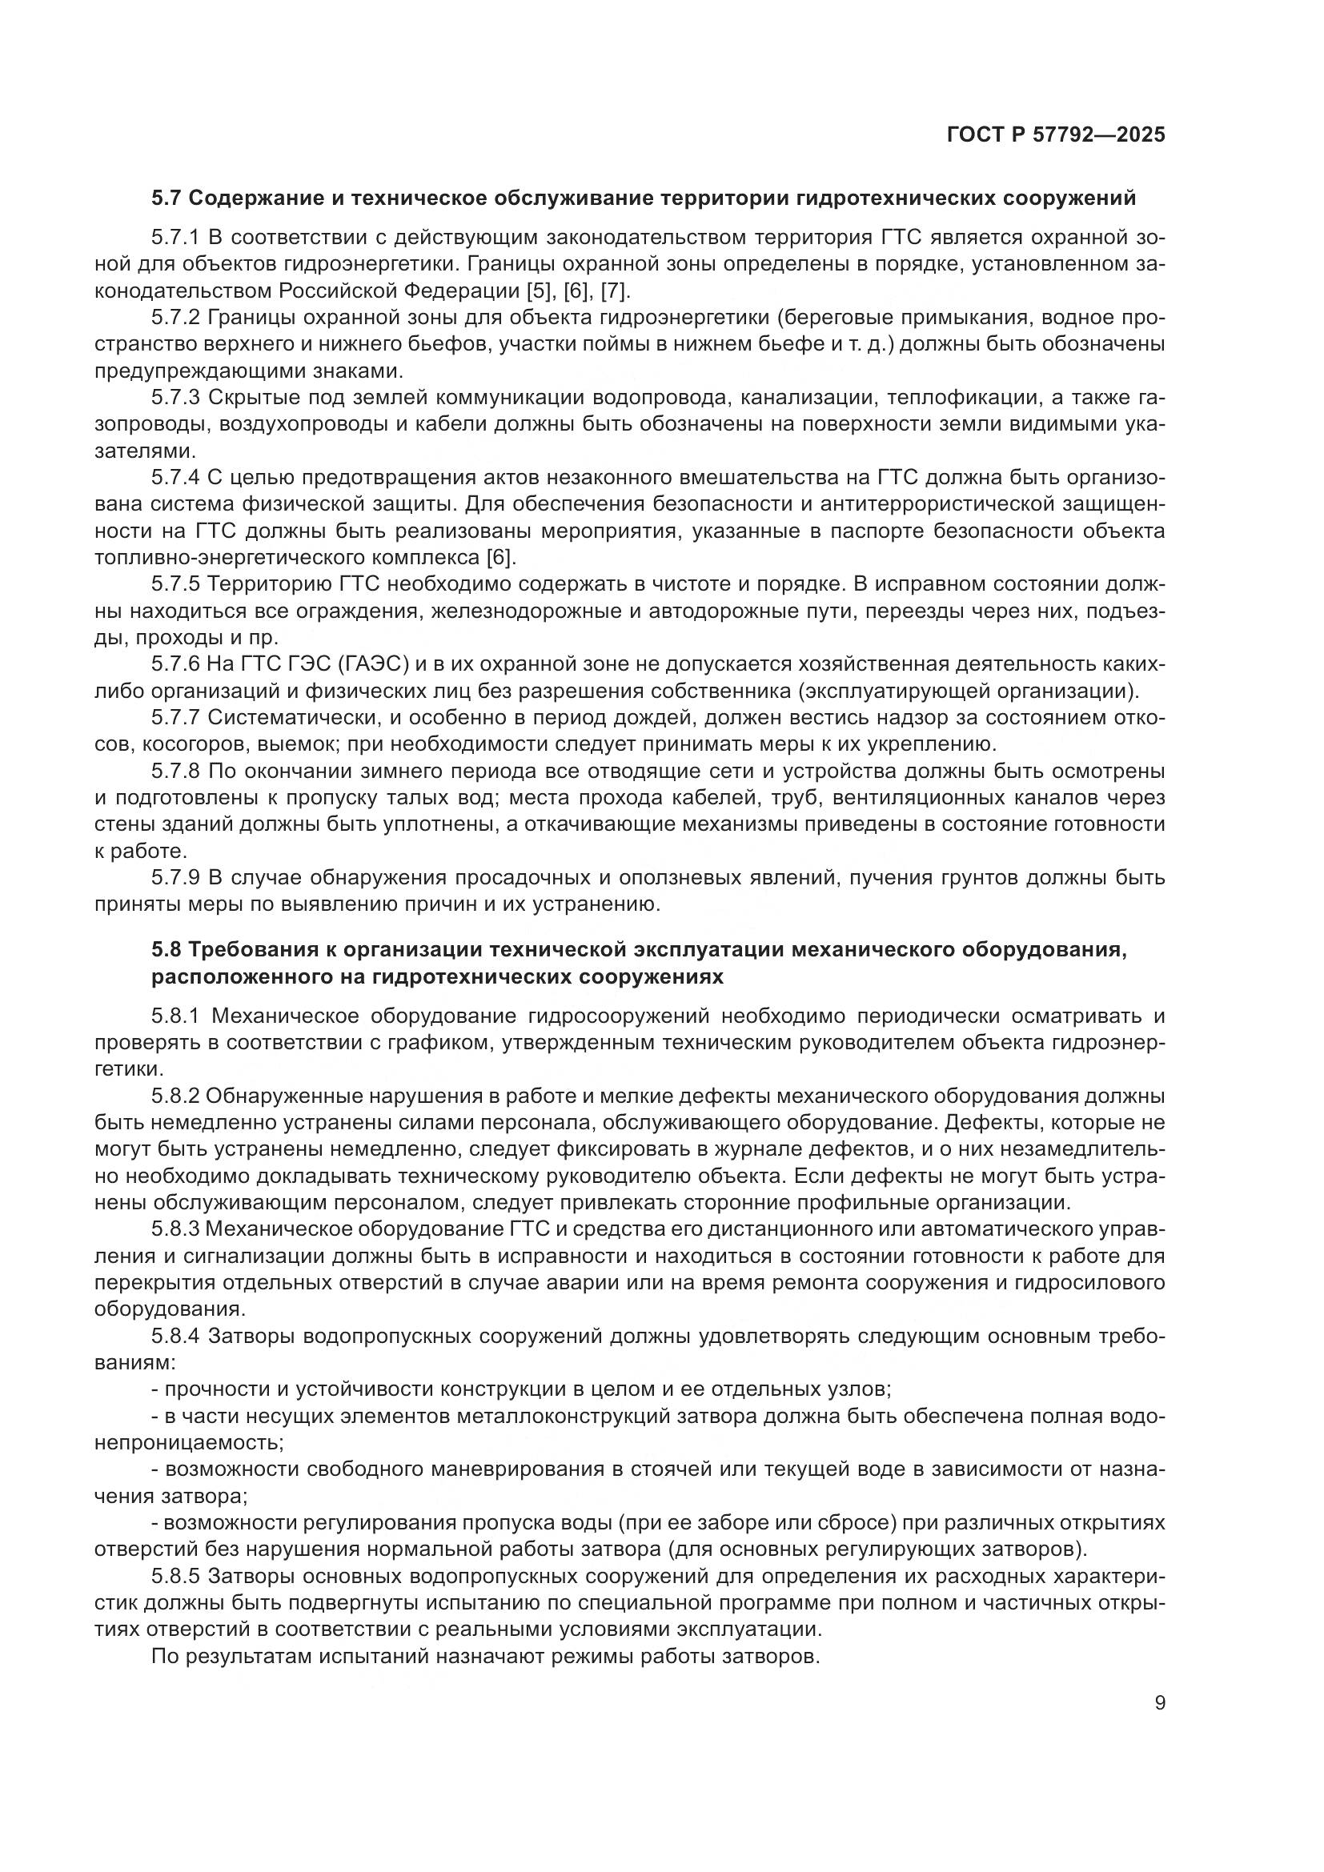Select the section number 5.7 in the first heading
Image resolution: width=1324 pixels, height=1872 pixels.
click(x=168, y=198)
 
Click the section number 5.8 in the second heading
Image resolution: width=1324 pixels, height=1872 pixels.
click(x=168, y=950)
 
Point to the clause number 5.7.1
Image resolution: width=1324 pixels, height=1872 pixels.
click(x=175, y=238)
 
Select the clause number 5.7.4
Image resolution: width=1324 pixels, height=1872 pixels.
click(x=175, y=478)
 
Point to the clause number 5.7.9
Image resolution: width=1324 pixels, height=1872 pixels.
click(x=175, y=878)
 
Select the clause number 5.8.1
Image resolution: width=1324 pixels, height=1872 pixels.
click(x=175, y=1016)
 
